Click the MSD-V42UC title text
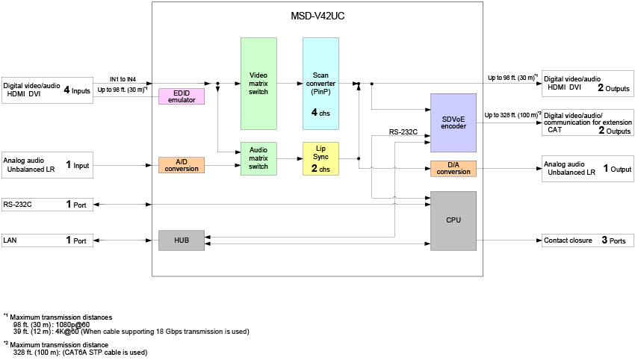(312, 16)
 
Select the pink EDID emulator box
(182, 96)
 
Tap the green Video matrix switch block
(258, 84)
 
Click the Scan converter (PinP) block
(320, 84)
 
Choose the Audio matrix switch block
(258, 159)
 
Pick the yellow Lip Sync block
(320, 159)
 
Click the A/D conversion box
(182, 165)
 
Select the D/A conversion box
(453, 168)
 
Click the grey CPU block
(453, 220)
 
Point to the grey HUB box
(182, 240)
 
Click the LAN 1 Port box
(48, 240)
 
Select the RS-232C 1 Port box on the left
(48, 204)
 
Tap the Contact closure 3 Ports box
(588, 240)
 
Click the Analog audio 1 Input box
(48, 165)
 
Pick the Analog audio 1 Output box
(588, 168)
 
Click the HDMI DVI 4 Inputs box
(48, 90)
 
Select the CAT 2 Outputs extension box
(588, 122)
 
